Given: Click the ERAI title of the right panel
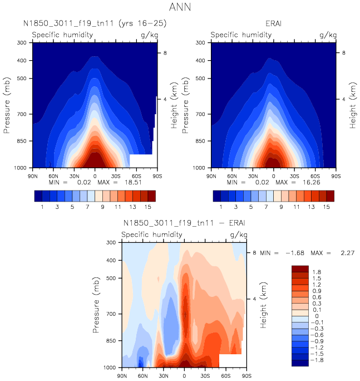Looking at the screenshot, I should click(x=273, y=24).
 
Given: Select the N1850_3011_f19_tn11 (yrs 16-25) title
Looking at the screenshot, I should click(x=95, y=24).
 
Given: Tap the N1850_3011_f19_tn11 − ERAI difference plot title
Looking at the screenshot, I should click(x=184, y=223).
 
